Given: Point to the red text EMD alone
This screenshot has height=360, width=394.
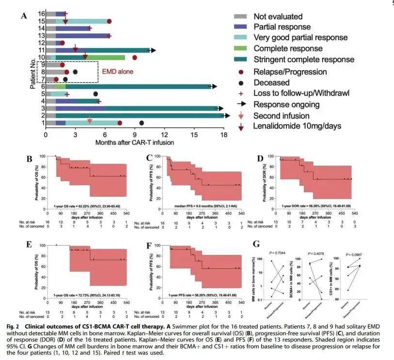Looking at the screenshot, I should point(117,71).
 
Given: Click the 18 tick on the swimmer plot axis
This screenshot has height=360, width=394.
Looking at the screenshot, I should point(223,135).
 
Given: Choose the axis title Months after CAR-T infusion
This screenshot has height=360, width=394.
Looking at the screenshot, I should point(134,142).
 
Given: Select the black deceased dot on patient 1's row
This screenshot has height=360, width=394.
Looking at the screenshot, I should point(142,123).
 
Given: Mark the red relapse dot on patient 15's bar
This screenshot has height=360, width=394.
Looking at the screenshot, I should point(109,21).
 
